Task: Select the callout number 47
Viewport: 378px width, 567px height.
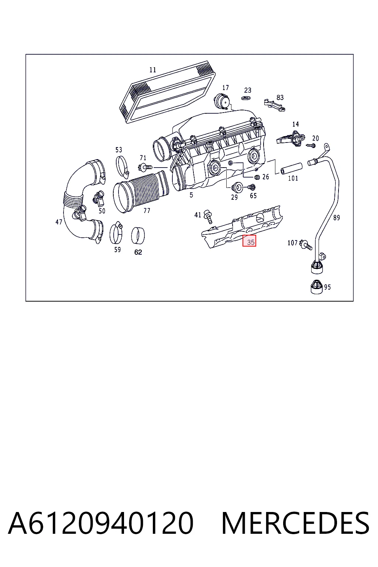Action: [x=59, y=222]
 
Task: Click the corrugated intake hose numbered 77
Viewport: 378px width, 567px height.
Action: [x=141, y=191]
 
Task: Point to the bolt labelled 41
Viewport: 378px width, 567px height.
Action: [x=208, y=216]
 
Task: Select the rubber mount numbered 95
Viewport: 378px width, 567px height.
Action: [x=316, y=287]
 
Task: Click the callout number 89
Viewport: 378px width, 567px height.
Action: [x=337, y=218]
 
